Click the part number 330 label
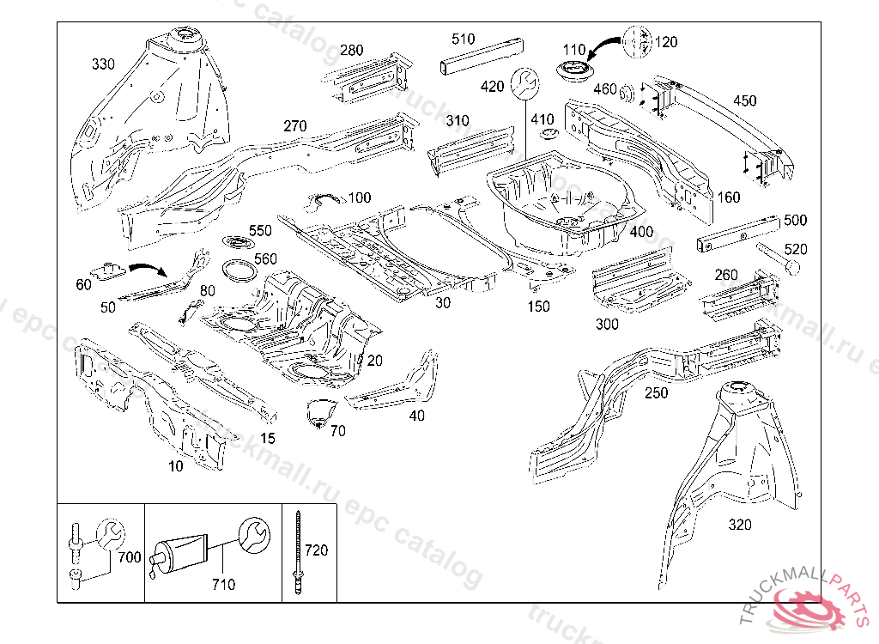point(103,64)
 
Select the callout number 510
point(463,39)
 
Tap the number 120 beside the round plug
point(666,42)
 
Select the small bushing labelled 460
point(627,90)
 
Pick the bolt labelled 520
point(778,258)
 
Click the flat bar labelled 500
point(739,231)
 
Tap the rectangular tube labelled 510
point(481,57)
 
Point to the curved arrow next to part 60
point(149,268)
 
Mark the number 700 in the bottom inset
point(129,557)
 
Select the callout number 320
point(739,525)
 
